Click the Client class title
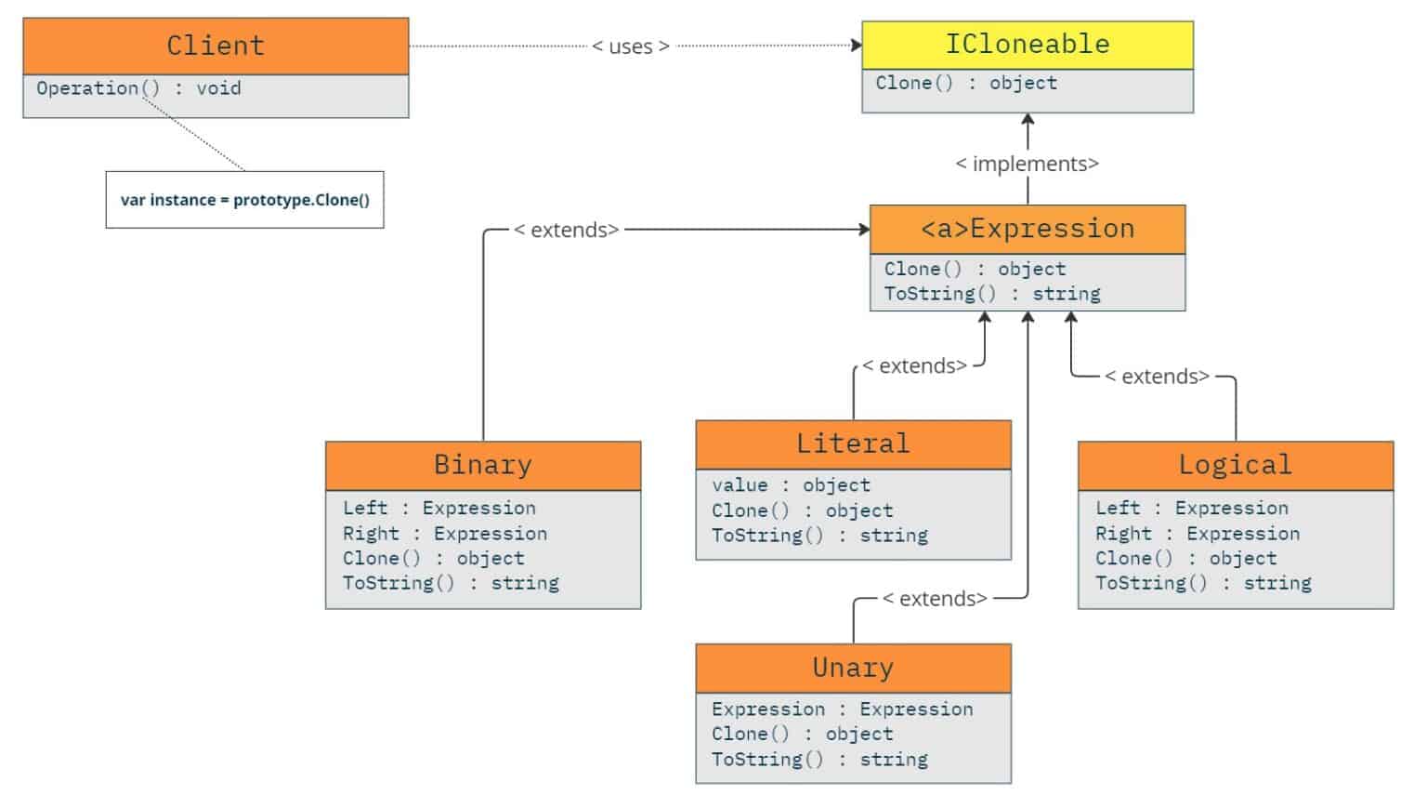216,46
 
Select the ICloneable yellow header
1027,45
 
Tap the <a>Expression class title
1027,229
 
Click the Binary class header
482,465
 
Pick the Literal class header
853,444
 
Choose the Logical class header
1235,465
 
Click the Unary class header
853,668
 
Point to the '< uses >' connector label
631,46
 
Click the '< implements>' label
1027,164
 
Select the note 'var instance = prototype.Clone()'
244,200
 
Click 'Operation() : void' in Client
138,88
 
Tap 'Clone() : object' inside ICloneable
966,83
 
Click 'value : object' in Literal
791,485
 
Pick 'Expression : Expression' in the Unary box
842,709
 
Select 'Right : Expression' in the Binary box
444,534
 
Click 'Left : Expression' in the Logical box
1191,509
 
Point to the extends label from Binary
567,231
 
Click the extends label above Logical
1157,377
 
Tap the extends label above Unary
934,599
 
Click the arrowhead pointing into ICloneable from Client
857,46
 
